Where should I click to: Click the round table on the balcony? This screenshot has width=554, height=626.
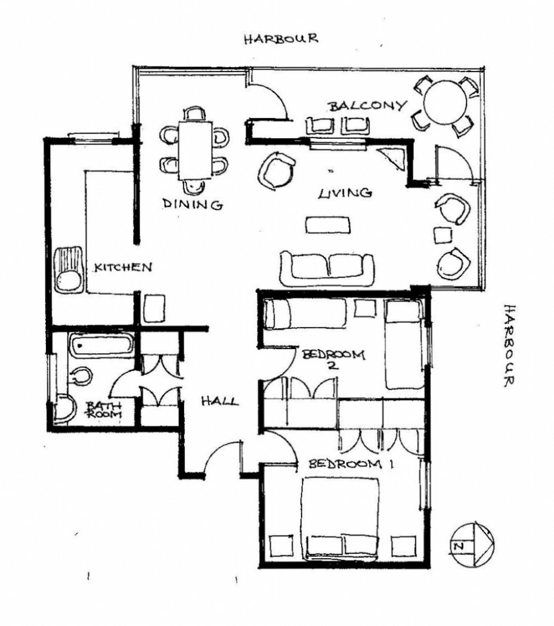(445, 102)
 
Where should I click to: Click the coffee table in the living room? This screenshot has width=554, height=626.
(328, 225)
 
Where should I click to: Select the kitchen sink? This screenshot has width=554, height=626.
(69, 269)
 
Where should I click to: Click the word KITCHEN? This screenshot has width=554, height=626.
(123, 267)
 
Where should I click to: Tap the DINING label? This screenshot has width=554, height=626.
(192, 204)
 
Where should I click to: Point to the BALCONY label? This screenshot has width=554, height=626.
(367, 106)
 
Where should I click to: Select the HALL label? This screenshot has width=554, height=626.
(220, 400)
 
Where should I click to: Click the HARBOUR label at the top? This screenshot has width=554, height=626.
(281, 38)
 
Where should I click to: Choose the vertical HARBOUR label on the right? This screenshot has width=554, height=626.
(508, 345)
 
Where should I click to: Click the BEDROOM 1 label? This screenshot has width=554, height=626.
(351, 464)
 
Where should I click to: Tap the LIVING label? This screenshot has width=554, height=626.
(345, 193)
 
